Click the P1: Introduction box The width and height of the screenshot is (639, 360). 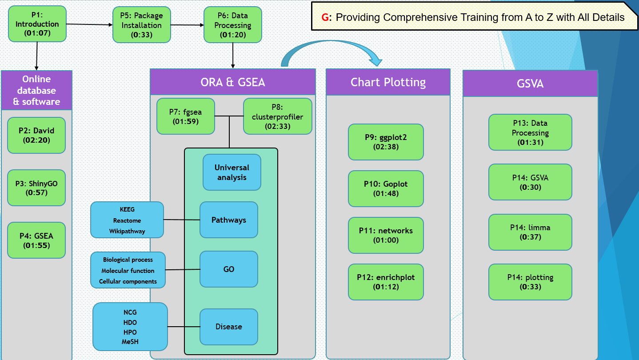37,24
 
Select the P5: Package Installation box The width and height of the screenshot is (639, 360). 142,25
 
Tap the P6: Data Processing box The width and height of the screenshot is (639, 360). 233,25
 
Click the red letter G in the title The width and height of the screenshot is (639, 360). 326,17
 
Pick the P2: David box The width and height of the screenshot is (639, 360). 36,136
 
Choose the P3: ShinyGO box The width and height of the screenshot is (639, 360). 36,188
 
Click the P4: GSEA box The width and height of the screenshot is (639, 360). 36,240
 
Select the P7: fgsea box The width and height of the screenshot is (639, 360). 186,116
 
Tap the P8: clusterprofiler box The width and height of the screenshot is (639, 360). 277,116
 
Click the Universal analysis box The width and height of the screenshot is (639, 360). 232,172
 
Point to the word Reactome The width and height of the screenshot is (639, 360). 127,220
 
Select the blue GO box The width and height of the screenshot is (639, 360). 229,269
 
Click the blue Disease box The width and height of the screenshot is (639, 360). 229,327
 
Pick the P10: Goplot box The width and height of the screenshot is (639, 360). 386,188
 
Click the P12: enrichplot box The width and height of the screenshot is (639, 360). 386,282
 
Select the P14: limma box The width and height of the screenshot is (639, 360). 530,232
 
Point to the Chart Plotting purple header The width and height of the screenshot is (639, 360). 388,82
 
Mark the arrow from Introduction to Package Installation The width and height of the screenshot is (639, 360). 89,24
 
